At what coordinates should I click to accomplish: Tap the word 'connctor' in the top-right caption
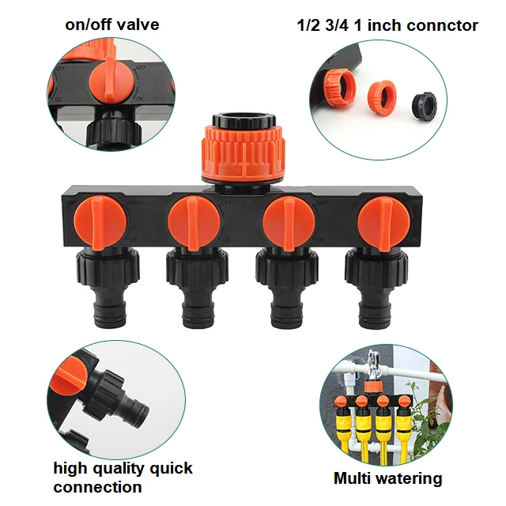[x=444, y=25]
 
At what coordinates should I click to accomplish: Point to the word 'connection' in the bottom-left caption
[x=97, y=487]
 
